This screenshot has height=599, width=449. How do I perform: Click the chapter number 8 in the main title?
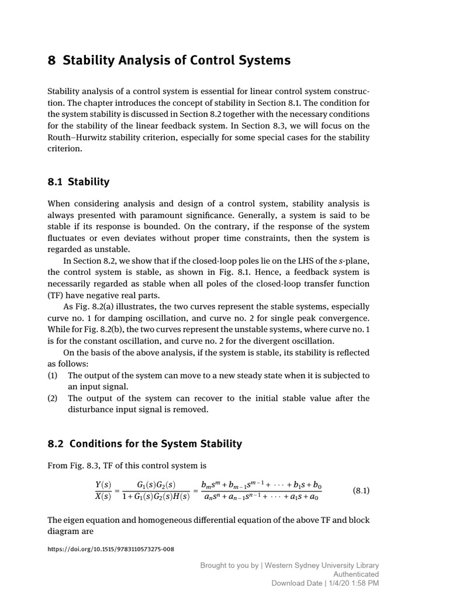(51, 61)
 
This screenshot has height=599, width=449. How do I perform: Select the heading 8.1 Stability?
(78, 181)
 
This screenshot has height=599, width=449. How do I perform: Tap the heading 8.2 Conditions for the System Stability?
(144, 443)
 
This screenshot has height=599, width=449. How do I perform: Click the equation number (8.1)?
(361, 490)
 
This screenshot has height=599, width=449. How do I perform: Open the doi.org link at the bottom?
(110, 549)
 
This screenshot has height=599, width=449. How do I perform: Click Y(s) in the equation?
(103, 485)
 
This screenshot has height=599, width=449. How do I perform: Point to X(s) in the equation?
(103, 497)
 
